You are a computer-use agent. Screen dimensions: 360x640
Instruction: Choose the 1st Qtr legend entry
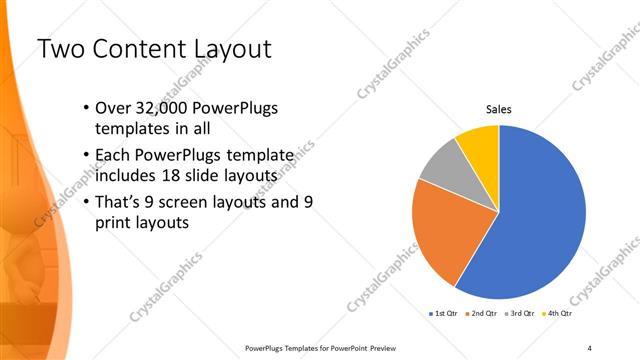click(x=444, y=313)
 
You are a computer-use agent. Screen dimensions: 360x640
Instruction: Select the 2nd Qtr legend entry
click(x=483, y=313)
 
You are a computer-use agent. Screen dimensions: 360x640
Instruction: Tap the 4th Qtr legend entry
click(x=560, y=313)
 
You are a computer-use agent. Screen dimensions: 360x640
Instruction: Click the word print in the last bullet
click(x=115, y=224)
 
